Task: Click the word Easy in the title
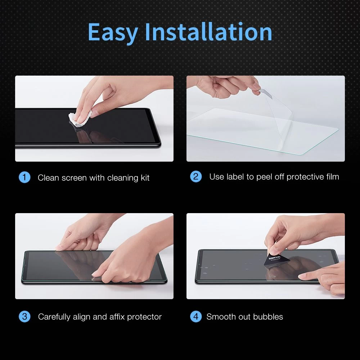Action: point(113,32)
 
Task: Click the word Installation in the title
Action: point(208,31)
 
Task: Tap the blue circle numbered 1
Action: point(24,177)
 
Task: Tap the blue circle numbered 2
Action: point(196,176)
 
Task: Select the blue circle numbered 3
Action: point(24,316)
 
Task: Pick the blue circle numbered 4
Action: point(196,316)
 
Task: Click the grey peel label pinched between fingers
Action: point(266,94)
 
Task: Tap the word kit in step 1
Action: point(145,178)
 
